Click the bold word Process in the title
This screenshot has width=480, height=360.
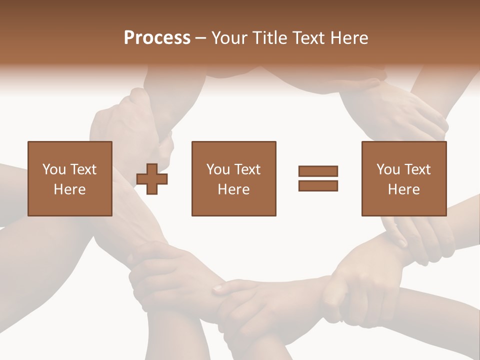tap(157, 38)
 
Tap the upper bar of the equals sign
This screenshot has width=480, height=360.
tap(318, 171)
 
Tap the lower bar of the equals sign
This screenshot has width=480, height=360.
tap(318, 185)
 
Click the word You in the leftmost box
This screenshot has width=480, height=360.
tap(54, 169)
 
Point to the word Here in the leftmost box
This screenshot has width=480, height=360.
tap(69, 189)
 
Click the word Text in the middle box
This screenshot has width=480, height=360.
tap(246, 169)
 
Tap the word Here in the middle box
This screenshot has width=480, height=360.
tap(233, 189)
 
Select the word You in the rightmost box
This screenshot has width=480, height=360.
tap(388, 169)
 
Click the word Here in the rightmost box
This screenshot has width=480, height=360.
tap(403, 189)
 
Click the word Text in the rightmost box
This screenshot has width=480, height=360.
tap(416, 169)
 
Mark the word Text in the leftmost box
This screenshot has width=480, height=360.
tap(82, 169)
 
